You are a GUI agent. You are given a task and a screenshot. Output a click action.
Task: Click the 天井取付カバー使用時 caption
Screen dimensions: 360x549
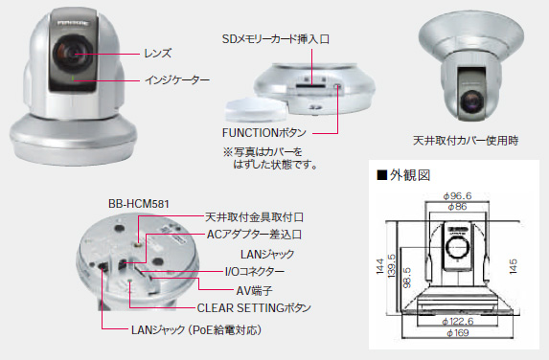(x=465, y=141)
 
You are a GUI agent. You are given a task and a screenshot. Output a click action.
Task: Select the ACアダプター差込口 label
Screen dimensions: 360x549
(x=253, y=235)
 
